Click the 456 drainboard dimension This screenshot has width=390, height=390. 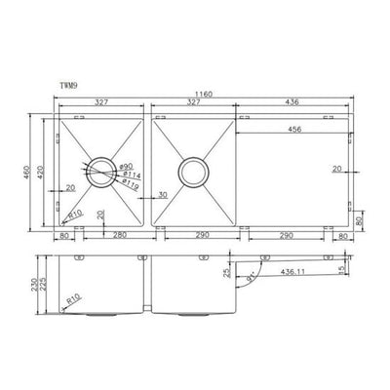292,129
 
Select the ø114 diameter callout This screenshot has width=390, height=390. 128,175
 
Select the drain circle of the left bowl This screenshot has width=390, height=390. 100,173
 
